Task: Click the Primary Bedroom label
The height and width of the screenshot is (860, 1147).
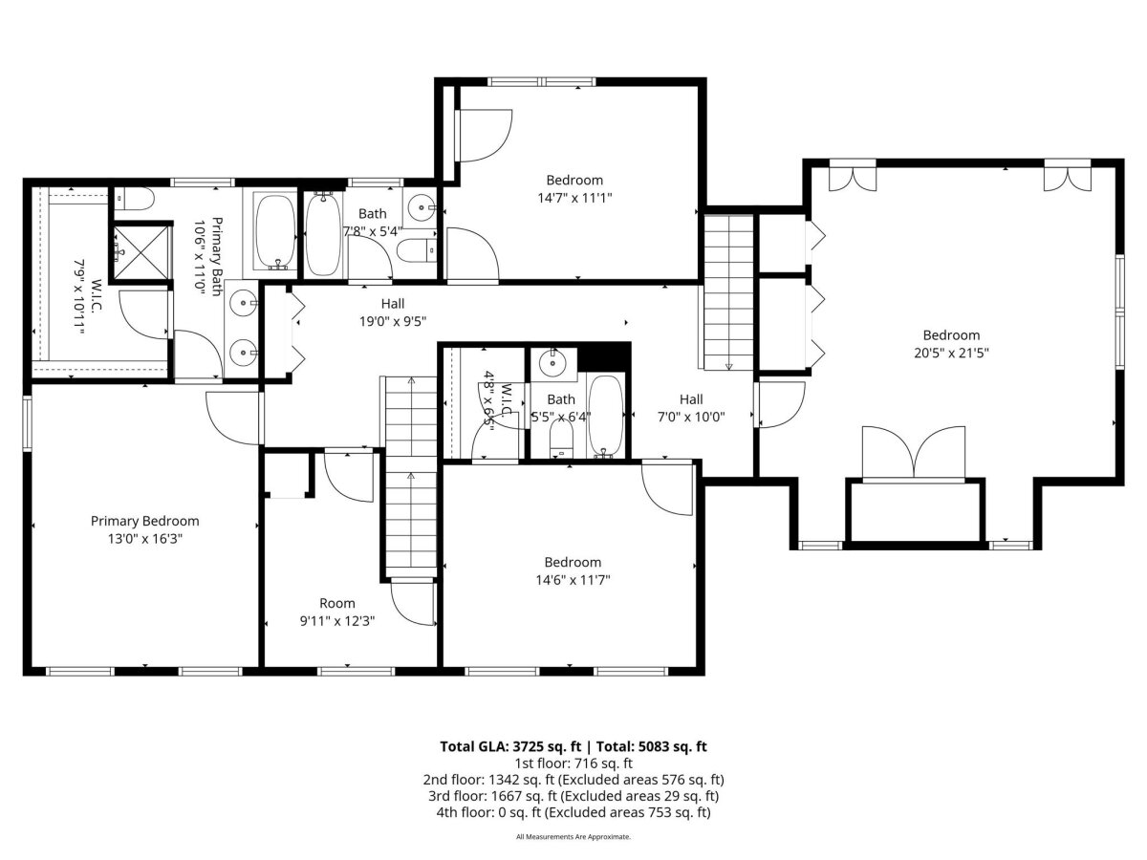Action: pyautogui.click(x=144, y=521)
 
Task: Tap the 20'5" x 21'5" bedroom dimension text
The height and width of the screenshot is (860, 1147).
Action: pyautogui.click(x=951, y=353)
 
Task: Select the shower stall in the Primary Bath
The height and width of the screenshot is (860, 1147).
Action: pyautogui.click(x=142, y=251)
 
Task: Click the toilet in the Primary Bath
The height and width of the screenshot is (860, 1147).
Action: pyautogui.click(x=134, y=199)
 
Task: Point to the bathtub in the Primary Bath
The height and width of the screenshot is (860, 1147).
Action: pyautogui.click(x=275, y=232)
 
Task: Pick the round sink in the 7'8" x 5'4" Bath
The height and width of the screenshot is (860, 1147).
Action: pyautogui.click(x=422, y=207)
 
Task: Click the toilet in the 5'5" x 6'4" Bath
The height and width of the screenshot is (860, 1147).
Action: pyautogui.click(x=562, y=437)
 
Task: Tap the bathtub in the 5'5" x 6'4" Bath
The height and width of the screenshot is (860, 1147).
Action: pyautogui.click(x=605, y=416)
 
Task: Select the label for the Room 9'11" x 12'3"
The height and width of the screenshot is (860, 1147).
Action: pyautogui.click(x=337, y=603)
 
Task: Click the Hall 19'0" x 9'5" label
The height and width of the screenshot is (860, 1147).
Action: pyautogui.click(x=393, y=303)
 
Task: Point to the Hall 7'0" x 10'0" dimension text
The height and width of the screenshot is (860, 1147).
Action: pyautogui.click(x=691, y=417)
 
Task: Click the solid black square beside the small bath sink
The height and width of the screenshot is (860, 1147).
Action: pyautogui.click(x=603, y=357)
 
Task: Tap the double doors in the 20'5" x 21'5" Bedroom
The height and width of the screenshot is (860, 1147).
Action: pyautogui.click(x=914, y=454)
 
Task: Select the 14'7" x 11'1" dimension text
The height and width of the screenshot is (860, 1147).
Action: pyautogui.click(x=574, y=199)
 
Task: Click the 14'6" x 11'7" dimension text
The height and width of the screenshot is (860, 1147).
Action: pyautogui.click(x=573, y=580)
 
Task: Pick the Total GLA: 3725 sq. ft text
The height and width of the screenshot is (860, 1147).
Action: pyautogui.click(x=510, y=746)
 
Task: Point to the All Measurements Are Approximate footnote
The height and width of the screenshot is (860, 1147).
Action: pyautogui.click(x=573, y=837)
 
